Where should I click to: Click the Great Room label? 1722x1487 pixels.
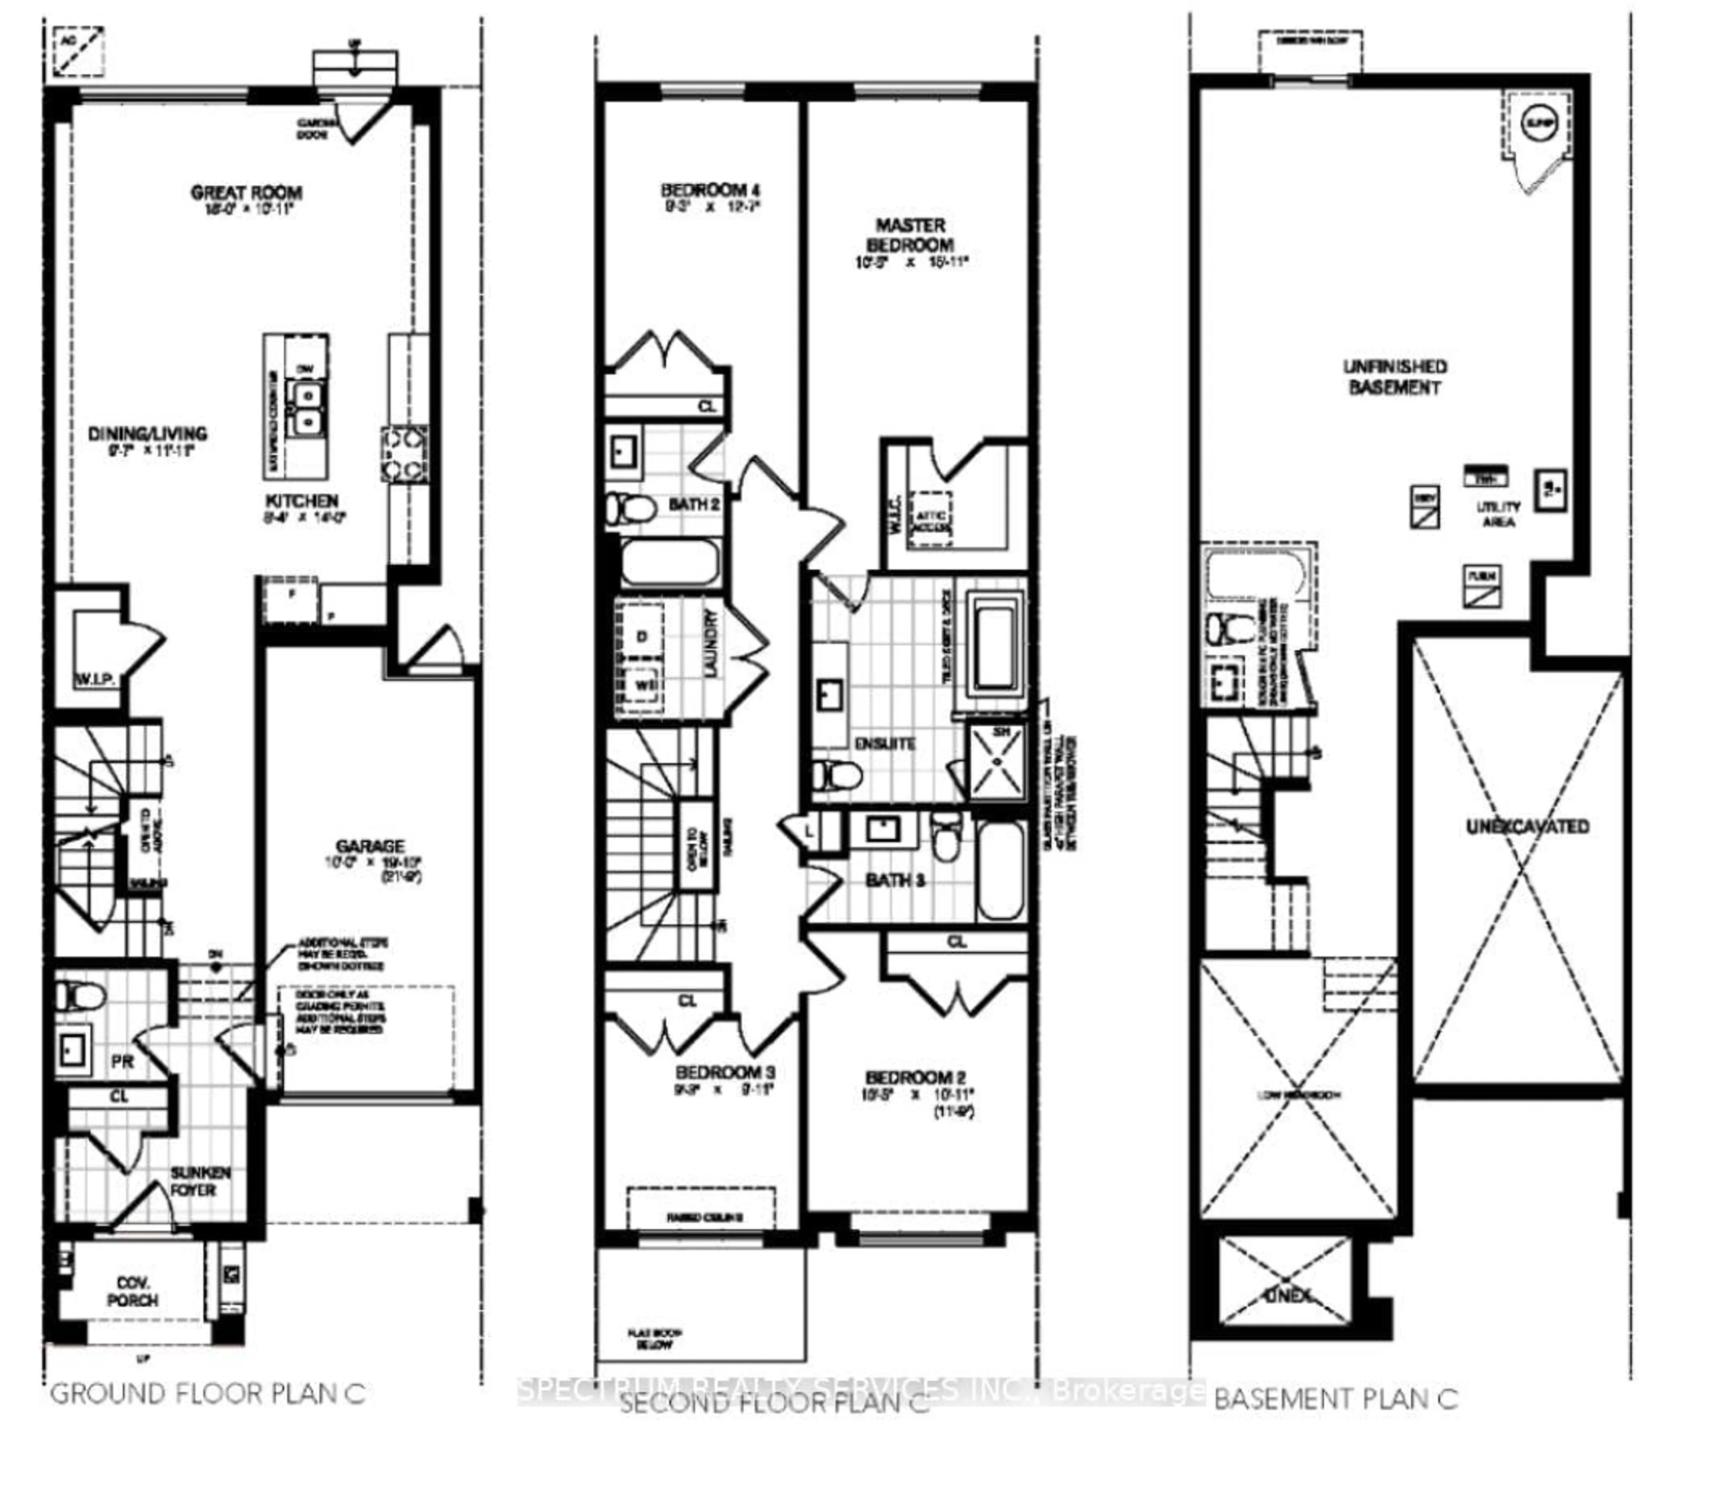[246, 193]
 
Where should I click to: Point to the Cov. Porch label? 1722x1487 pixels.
[132, 1292]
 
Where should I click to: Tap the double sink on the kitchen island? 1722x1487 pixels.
[307, 407]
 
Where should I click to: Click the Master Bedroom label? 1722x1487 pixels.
[910, 235]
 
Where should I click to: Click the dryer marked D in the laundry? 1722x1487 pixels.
[641, 637]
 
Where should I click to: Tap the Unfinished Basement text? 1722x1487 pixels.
[1394, 376]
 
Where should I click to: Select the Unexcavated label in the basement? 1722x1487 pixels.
[1527, 826]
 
